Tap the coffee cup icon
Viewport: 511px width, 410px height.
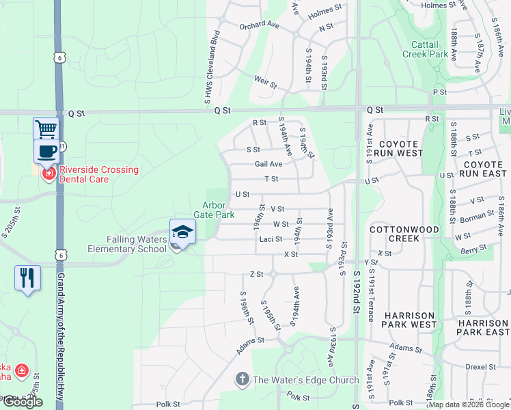pyautogui.click(x=46, y=151)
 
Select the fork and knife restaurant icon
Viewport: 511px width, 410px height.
pyautogui.click(x=27, y=277)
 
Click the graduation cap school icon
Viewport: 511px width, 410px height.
pyautogui.click(x=182, y=232)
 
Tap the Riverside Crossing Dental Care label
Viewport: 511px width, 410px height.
pyautogui.click(x=98, y=174)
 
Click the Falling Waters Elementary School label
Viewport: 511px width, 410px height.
pyautogui.click(x=127, y=244)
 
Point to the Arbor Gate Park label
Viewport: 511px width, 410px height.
pyautogui.click(x=219, y=210)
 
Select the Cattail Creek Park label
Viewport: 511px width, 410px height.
pyautogui.click(x=425, y=49)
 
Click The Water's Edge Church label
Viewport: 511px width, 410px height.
pyautogui.click(x=305, y=380)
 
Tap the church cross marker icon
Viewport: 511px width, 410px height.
pyautogui.click(x=241, y=379)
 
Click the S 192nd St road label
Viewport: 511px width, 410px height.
pyautogui.click(x=356, y=301)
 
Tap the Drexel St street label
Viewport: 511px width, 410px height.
pyautogui.click(x=481, y=367)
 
